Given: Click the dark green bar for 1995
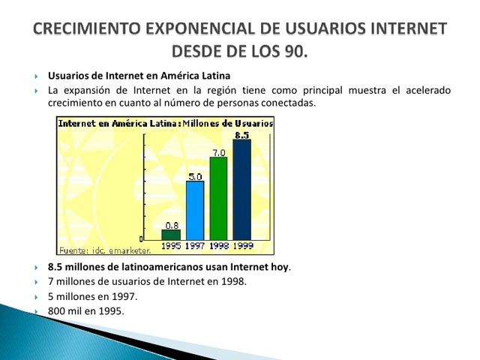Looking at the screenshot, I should [x=171, y=234].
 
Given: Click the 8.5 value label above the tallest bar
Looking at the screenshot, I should [x=241, y=135].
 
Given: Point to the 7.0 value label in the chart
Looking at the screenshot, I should [x=218, y=152].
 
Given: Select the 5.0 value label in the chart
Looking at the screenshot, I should [x=195, y=176].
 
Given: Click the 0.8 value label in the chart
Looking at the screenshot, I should [x=171, y=224].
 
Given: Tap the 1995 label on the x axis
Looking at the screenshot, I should [x=171, y=245].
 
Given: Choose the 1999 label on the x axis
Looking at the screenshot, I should [x=241, y=245].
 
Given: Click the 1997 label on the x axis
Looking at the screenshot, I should [x=195, y=245].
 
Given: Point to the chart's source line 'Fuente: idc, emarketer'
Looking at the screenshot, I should [x=104, y=249].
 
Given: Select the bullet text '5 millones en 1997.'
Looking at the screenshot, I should [x=93, y=296].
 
